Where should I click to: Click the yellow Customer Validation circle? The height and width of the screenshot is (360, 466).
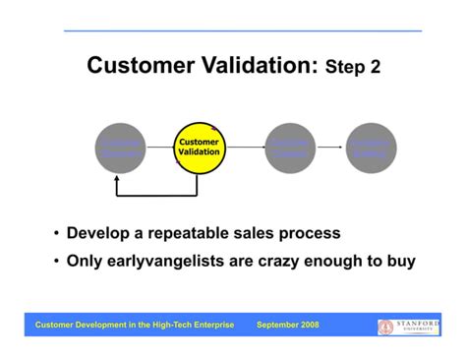tap(199, 148)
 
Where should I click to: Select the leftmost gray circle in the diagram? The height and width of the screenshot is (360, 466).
tap(119, 148)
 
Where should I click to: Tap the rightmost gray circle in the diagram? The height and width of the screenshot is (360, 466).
tap(371, 148)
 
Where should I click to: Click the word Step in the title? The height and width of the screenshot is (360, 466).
tap(343, 68)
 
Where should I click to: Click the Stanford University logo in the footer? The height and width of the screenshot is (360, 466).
tap(409, 326)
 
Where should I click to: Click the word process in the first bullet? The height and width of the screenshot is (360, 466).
tap(310, 234)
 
